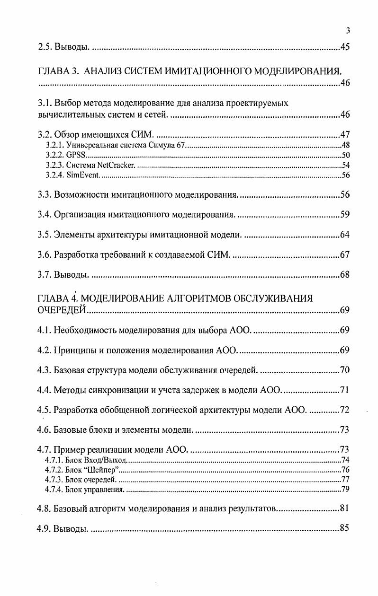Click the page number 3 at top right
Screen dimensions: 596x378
point(348,31)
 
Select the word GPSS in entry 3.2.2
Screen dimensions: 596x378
point(74,155)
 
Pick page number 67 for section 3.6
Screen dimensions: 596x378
point(344,255)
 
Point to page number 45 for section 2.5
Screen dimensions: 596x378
point(344,47)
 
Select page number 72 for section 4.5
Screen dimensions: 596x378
point(344,410)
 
